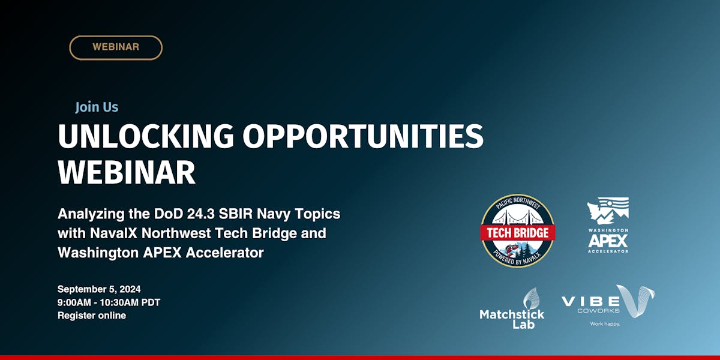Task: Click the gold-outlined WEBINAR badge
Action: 116,47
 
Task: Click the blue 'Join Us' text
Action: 97,107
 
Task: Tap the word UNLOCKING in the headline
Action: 146,137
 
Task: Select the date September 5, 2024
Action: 99,289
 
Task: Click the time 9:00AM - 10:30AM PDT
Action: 109,302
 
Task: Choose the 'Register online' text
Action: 92,316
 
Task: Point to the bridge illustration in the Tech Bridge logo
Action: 518,214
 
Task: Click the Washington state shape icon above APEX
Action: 608,211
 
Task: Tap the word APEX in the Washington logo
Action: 608,241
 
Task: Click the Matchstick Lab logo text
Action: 512,319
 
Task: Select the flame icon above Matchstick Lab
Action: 530,298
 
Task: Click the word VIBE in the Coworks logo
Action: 591,301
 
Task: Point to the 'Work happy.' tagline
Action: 604,324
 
